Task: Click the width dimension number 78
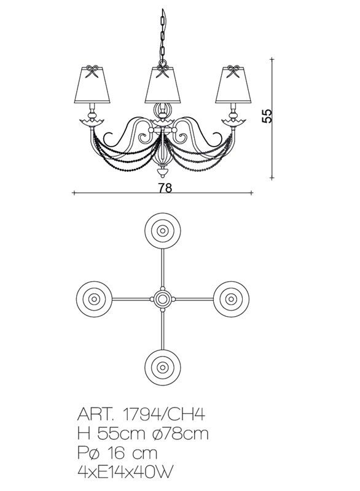pyautogui.click(x=163, y=188)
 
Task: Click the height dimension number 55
pyautogui.click(x=267, y=117)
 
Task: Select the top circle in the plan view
pyautogui.click(x=162, y=231)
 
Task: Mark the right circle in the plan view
pyautogui.click(x=231, y=300)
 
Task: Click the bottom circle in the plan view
pyautogui.click(x=162, y=368)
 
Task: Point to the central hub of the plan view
pyautogui.click(x=162, y=300)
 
